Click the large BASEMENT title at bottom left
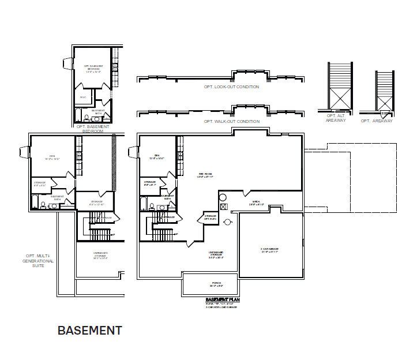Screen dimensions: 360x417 (89, 331)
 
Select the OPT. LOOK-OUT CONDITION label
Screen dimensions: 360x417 (231, 87)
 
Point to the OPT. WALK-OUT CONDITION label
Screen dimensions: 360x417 (231, 122)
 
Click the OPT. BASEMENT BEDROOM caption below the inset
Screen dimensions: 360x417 (92, 129)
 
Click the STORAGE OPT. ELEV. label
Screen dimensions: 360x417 (211, 218)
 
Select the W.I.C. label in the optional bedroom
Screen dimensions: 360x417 (83, 97)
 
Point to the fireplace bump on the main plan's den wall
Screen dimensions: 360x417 (133, 152)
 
